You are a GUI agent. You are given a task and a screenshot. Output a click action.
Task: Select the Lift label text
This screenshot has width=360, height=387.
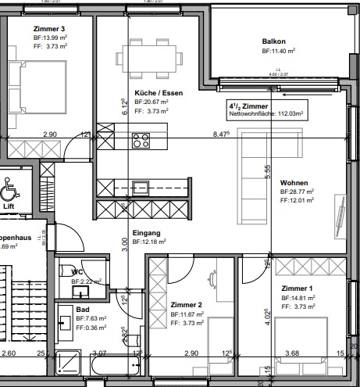click(20, 207)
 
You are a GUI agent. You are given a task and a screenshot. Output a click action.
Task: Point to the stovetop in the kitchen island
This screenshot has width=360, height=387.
click(141, 141)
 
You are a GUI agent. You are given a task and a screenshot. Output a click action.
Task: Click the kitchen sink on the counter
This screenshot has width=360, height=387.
click(141, 187)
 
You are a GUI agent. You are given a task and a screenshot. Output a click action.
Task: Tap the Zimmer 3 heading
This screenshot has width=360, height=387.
click(28, 29)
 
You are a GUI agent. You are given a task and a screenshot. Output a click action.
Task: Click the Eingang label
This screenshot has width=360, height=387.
click(147, 233)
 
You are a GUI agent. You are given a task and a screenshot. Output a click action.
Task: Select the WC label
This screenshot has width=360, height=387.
click(77, 271)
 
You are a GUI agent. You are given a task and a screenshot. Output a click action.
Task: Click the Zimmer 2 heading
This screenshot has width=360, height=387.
click(186, 305)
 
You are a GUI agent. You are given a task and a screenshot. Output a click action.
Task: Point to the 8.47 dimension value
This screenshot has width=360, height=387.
click(220, 134)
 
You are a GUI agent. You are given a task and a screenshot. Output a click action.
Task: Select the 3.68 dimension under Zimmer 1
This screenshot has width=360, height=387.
click(292, 354)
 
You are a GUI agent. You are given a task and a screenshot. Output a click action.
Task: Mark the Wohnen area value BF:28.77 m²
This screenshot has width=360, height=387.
click(298, 191)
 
